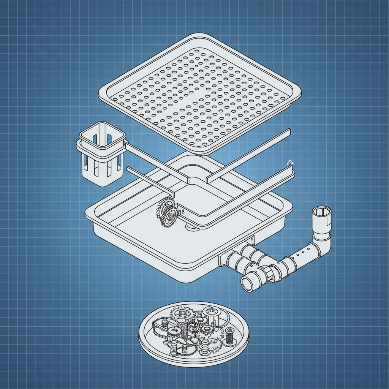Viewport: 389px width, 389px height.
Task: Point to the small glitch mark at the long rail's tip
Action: [x=289, y=163]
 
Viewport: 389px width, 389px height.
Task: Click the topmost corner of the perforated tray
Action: [x=201, y=35]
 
